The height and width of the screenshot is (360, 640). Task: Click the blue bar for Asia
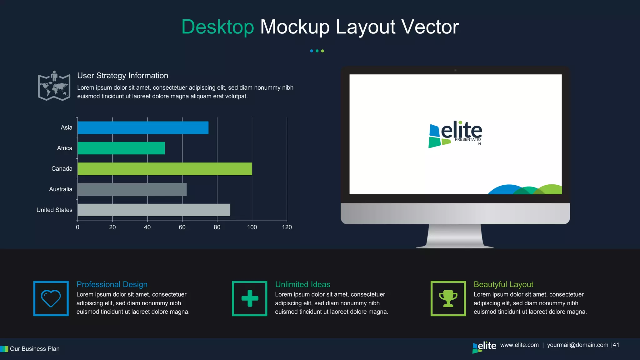143,127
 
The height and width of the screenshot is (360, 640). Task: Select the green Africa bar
121,148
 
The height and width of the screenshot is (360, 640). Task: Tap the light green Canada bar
165,169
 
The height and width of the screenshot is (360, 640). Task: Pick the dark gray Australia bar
132,189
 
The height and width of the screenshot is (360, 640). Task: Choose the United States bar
154,210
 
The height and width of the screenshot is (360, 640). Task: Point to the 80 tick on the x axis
217,227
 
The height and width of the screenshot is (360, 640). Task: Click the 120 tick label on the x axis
287,227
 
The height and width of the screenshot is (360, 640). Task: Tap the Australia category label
61,189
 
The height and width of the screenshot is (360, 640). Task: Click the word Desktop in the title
218,27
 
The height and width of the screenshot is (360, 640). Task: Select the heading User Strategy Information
122,76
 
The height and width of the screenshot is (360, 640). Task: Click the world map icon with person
54,86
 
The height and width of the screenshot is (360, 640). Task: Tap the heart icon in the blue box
51,298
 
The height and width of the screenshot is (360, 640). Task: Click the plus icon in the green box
250,298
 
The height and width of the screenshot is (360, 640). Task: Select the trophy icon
448,298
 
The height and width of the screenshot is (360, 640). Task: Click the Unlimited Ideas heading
302,284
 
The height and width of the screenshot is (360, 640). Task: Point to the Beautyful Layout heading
503,284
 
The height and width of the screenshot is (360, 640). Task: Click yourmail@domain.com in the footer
577,345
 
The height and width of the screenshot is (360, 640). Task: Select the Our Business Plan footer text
35,349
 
